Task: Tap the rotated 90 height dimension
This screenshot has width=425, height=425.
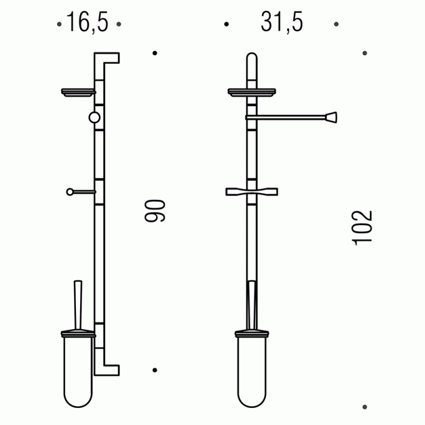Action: click(x=155, y=211)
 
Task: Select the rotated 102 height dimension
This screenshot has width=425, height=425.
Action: click(x=362, y=228)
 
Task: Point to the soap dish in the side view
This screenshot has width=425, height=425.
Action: click(x=78, y=92)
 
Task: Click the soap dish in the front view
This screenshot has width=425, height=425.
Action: click(x=252, y=92)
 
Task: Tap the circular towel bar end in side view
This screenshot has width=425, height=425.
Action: click(x=94, y=118)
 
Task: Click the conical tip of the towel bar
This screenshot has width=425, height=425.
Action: click(x=331, y=118)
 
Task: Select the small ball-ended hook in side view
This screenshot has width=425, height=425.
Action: click(x=81, y=192)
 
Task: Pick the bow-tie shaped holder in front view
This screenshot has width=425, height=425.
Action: click(x=252, y=192)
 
